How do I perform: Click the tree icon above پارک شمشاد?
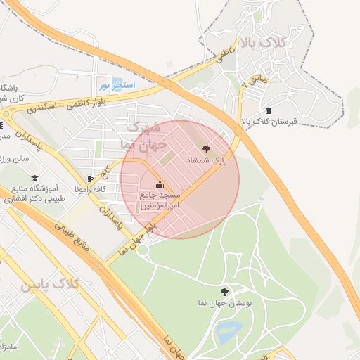(206, 149)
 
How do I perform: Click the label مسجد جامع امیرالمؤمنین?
(160, 200)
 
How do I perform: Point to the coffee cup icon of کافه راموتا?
(91, 179)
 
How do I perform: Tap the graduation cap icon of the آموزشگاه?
(35, 179)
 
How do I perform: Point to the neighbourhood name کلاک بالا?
(264, 43)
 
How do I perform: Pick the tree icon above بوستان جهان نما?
(224, 291)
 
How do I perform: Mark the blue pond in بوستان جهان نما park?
(229, 331)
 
